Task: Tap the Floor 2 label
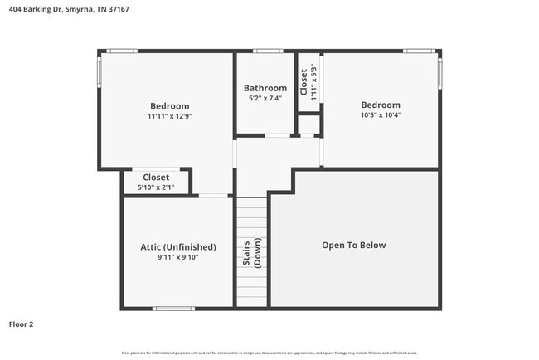click(22, 324)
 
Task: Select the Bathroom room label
click(265, 88)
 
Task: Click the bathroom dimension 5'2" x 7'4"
click(265, 98)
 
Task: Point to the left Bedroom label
click(169, 106)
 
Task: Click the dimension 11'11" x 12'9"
click(169, 116)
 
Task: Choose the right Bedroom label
click(381, 105)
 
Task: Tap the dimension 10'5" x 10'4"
click(381, 115)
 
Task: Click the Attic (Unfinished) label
click(178, 247)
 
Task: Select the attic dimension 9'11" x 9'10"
click(178, 257)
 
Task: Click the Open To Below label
click(354, 246)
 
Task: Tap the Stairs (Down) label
click(252, 252)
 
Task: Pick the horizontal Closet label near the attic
click(156, 178)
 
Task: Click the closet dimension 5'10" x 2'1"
click(156, 187)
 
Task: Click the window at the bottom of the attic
click(173, 309)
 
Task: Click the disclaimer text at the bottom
click(269, 353)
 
